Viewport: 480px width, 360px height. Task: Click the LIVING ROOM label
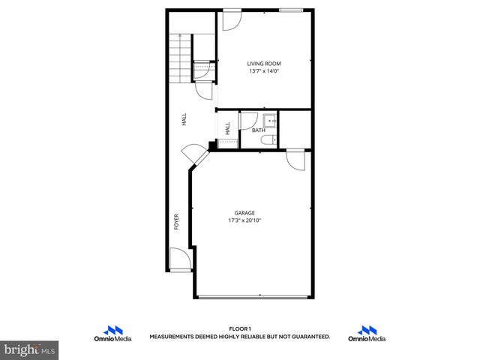point(264,64)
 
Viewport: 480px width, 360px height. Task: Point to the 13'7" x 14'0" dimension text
point(264,71)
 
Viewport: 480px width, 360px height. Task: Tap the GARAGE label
point(244,213)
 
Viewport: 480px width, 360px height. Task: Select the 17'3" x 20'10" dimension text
point(244,220)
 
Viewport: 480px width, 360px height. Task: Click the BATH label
point(258,130)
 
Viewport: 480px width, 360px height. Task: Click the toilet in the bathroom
point(274,139)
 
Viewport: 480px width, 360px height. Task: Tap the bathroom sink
point(271,120)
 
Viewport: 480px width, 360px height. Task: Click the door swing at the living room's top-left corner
point(229,20)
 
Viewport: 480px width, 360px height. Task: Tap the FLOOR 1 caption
point(240,328)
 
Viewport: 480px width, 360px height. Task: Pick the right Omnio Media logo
point(367,334)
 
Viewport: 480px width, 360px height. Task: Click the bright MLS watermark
point(30,350)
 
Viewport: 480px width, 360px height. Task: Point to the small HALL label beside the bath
point(227,128)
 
